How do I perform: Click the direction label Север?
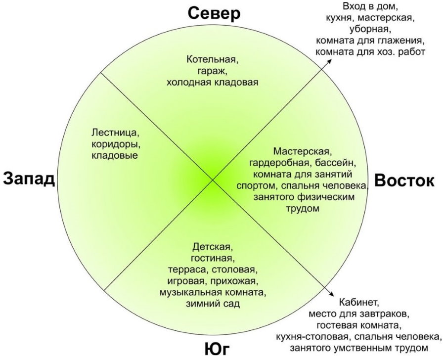214,13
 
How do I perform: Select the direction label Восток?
404,180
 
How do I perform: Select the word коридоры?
114,144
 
